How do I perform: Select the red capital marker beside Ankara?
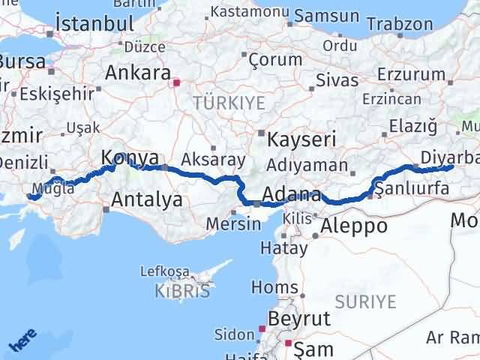(176, 83)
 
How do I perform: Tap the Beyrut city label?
(299, 318)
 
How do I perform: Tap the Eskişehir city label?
(46, 94)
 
